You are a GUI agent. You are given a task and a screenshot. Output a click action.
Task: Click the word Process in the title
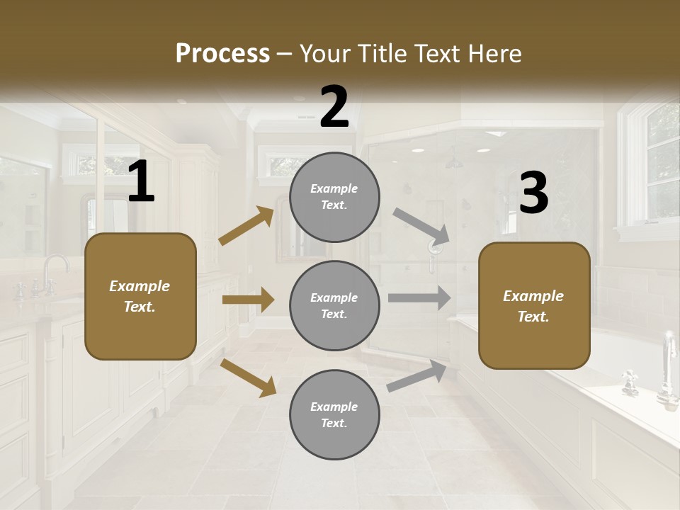coord(222,54)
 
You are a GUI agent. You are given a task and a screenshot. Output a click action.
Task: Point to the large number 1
coord(141,183)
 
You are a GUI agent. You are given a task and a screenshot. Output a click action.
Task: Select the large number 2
coord(334,108)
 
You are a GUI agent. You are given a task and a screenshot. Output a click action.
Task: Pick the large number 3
coord(533,193)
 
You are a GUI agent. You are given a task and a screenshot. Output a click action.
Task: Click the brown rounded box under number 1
coord(140,296)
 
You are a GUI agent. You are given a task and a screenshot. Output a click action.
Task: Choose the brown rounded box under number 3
coord(534,305)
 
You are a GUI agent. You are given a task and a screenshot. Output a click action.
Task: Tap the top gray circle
coord(334,197)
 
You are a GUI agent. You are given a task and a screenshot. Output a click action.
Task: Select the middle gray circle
coord(334,305)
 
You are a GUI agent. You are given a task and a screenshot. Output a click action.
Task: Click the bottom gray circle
coord(334,414)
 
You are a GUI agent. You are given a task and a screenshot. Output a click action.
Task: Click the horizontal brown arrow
coord(248,300)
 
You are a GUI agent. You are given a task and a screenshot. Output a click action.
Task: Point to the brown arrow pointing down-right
coord(248,377)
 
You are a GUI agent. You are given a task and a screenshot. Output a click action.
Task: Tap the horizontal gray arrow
coord(419,297)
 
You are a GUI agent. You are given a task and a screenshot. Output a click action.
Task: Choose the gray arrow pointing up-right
coord(417,376)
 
